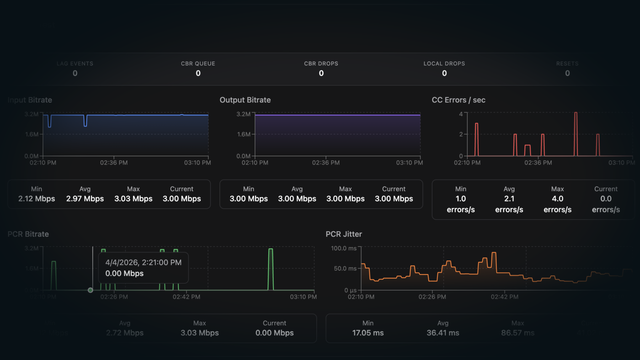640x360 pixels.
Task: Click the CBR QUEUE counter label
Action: [198, 64]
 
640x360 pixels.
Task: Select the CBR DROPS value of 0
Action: [321, 73]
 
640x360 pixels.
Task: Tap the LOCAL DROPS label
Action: [444, 64]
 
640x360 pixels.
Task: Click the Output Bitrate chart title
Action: [245, 100]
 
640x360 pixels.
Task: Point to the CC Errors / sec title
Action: [459, 100]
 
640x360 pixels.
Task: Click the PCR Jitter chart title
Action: [344, 234]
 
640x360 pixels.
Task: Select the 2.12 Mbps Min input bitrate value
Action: [37, 199]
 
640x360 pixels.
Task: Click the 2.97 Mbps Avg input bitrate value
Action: [85, 199]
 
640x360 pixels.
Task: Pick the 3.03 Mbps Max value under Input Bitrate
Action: [133, 199]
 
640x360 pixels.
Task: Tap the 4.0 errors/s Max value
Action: [557, 204]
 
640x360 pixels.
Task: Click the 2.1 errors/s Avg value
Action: [509, 204]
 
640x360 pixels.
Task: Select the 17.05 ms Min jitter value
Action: [368, 333]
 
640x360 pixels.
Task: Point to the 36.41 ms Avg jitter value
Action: [443, 333]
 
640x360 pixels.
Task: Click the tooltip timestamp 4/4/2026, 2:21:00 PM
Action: [144, 262]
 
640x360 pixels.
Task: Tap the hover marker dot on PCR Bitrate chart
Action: [91, 290]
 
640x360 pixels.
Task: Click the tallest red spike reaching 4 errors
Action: [576, 113]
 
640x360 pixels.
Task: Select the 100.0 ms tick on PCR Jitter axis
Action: [344, 248]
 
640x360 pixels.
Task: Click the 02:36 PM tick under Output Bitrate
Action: [325, 163]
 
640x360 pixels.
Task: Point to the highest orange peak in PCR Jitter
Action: [493, 253]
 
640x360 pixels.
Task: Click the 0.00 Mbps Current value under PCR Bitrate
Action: [274, 333]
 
